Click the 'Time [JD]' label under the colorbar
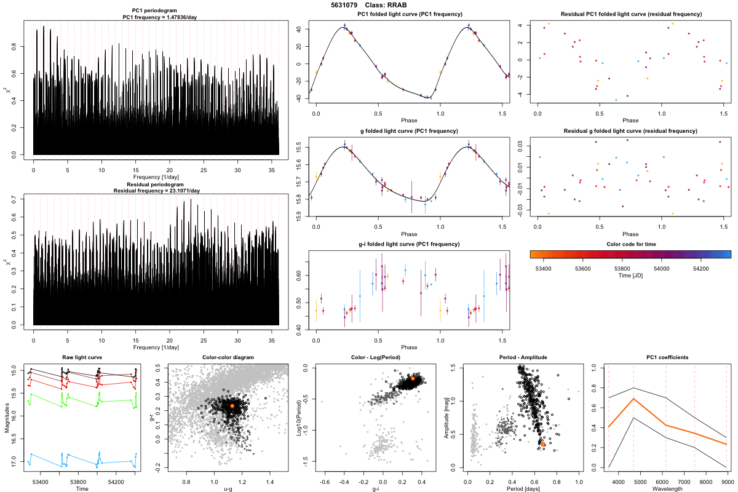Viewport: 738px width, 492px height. [630, 276]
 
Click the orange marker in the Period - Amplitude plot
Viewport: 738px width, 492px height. [543, 443]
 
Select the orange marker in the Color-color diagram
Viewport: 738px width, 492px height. [232, 406]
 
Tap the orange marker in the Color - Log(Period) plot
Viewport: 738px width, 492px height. [413, 379]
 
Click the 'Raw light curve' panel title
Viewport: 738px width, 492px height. [82, 358]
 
